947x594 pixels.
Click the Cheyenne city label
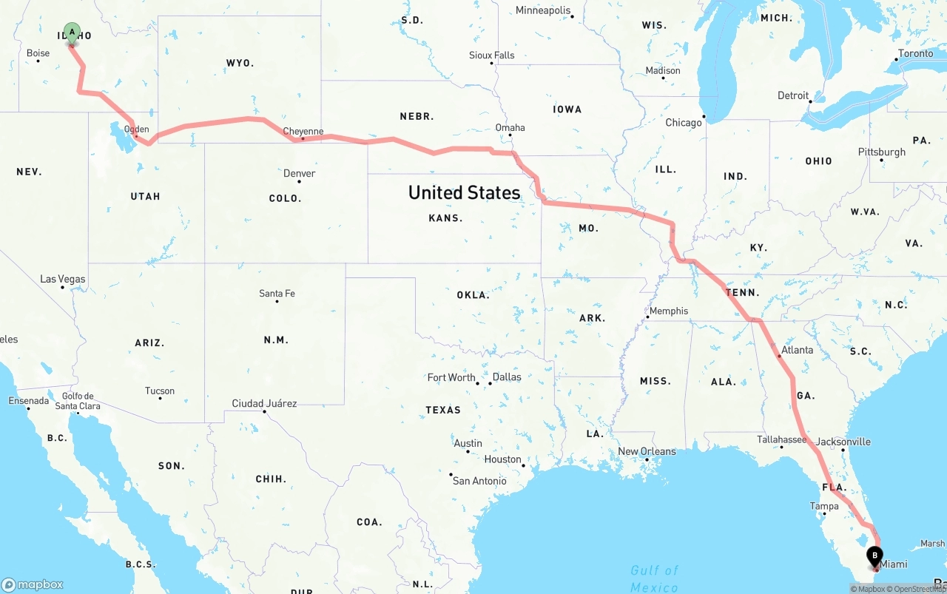click(303, 132)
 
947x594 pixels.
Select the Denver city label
click(300, 173)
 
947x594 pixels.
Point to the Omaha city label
click(510, 127)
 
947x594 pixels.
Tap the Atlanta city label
click(797, 350)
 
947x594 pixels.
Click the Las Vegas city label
click(63, 279)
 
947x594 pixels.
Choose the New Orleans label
click(647, 451)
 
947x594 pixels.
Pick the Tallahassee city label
click(781, 439)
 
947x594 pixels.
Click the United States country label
click(465, 192)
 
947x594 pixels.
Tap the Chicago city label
click(684, 122)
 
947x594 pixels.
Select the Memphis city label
click(669, 311)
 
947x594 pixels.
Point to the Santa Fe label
click(277, 294)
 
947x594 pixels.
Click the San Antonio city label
click(479, 481)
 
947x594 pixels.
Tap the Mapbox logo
click(33, 584)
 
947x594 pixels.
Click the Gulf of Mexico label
click(655, 578)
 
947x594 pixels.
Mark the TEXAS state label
click(443, 410)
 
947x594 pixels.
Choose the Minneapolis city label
click(544, 10)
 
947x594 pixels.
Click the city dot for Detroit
click(810, 101)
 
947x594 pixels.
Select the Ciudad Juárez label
click(264, 403)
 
